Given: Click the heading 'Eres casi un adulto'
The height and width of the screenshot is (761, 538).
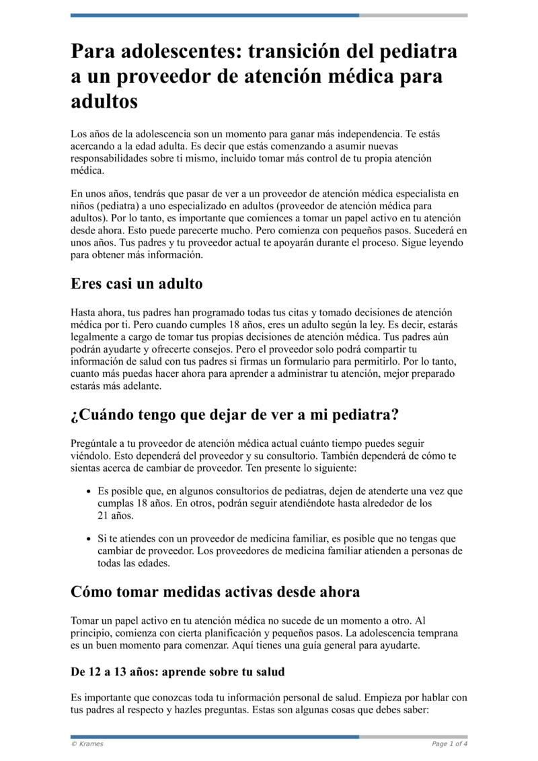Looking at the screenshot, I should pos(137,284).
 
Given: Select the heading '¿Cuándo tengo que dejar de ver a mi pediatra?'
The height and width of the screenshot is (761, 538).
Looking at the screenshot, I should pos(235,415).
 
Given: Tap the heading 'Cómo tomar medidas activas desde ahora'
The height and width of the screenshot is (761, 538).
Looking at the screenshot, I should pos(215,592).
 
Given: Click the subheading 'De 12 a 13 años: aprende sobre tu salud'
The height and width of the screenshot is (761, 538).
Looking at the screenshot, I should pos(178,672).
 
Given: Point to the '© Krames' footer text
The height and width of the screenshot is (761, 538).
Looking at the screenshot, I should pos(87,744).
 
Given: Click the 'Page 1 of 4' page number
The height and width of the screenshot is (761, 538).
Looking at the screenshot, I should pos(449,744).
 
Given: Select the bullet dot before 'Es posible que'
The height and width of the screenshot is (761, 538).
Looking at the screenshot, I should pos(88,492).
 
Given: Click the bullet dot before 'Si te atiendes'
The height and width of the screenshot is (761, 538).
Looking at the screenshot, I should pos(88,539).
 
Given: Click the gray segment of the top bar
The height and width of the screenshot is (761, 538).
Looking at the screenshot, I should pos(413,15).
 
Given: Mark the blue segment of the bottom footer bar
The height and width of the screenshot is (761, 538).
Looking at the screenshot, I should pos(215,736).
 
